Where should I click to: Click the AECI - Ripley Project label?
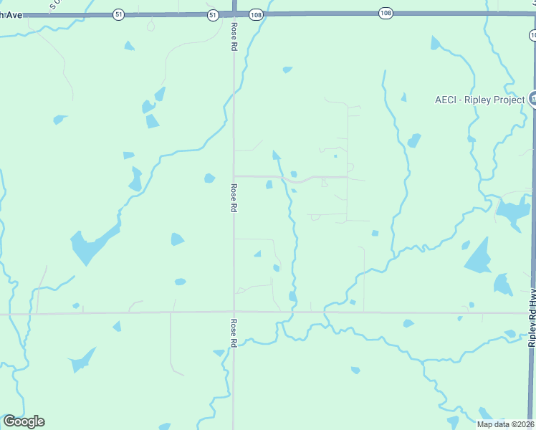pos(479,100)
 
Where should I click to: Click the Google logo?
pos(24,421)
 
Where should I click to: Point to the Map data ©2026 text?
pos(505,424)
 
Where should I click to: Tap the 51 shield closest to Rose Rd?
pos(213,14)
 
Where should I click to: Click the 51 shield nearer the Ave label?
pos(118,14)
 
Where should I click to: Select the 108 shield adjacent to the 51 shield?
pos(255,14)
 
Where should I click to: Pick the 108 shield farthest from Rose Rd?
pos(386,14)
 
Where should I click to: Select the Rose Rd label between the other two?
pos(234,199)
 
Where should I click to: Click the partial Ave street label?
pos(11,14)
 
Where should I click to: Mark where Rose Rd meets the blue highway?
pos(234,13)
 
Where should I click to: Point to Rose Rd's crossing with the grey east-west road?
pos(234,312)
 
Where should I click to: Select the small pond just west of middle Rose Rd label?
pos(209,178)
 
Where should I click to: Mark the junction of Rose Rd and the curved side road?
pos(234,176)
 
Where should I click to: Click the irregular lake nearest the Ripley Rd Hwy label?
pos(513,213)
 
